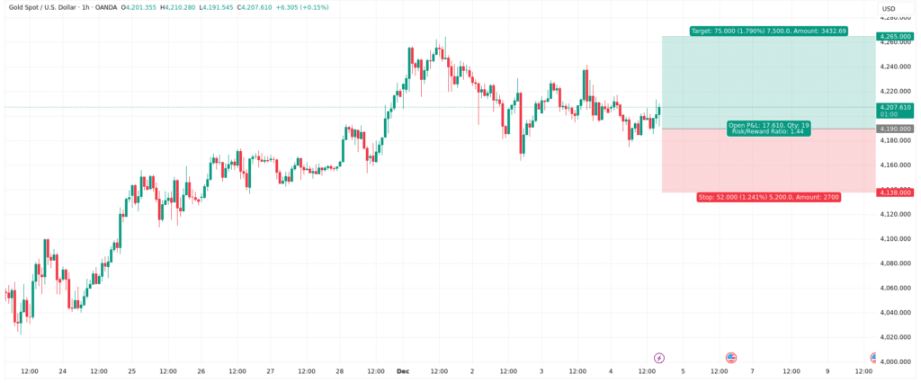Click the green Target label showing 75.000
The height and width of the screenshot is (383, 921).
(769, 31)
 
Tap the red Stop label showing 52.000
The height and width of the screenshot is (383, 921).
(769, 196)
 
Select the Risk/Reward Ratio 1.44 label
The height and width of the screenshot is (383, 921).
(768, 131)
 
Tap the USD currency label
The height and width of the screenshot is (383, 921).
(889, 9)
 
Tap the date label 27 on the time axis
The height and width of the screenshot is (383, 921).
(271, 370)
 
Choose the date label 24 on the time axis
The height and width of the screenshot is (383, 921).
(63, 370)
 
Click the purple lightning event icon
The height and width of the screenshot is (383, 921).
(658, 357)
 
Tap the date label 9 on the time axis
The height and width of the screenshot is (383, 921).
(827, 370)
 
